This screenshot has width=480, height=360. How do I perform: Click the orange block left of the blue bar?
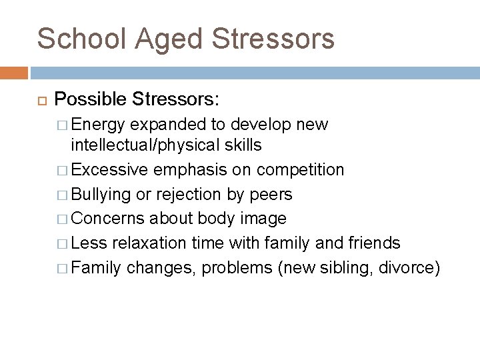13,73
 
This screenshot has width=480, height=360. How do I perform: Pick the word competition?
301,170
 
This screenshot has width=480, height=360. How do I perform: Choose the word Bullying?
101,194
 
